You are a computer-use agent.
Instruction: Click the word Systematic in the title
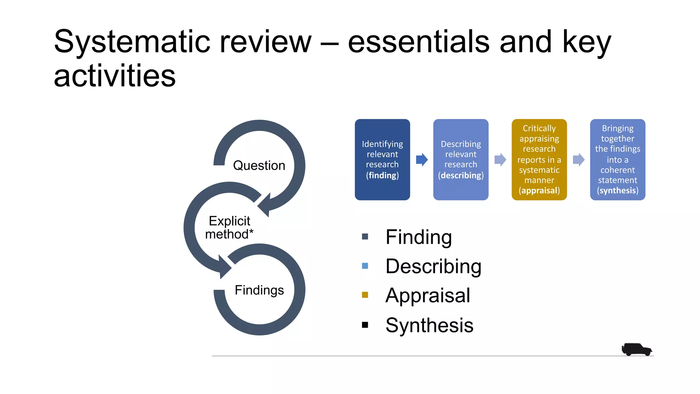[132, 42]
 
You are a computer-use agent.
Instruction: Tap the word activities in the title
[115, 76]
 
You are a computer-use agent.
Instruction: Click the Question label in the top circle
[259, 166]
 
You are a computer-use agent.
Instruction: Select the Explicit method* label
[229, 227]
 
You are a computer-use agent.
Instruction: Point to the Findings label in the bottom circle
[259, 290]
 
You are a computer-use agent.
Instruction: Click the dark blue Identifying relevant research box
[382, 159]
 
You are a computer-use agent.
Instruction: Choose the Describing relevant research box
[460, 159]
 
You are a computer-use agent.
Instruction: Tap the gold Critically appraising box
[539, 159]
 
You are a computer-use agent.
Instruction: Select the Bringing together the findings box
[617, 159]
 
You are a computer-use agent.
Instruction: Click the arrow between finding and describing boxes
[422, 160]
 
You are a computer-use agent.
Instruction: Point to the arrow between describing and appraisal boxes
[500, 160]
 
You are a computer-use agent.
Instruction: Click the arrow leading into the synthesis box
[578, 160]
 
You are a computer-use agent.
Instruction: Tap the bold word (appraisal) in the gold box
[539, 191]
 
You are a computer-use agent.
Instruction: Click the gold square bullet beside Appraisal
[365, 295]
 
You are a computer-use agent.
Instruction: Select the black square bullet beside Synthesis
[365, 325]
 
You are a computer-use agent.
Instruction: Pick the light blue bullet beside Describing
[365, 266]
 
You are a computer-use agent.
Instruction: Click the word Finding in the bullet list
[418, 237]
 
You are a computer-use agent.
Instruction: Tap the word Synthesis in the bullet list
[429, 325]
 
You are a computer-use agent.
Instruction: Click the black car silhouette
[636, 349]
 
